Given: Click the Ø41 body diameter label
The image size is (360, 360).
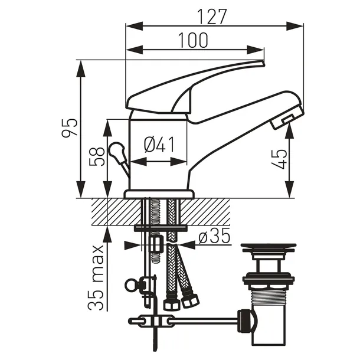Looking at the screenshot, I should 159,145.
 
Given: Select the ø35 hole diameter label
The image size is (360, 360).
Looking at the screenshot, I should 214,237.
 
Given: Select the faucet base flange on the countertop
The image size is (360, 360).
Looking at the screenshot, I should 159,194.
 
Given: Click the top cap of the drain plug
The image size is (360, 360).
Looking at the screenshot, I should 269,247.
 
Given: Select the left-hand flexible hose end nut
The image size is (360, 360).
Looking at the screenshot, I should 171,305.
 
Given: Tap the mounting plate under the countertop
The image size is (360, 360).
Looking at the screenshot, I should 160,228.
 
